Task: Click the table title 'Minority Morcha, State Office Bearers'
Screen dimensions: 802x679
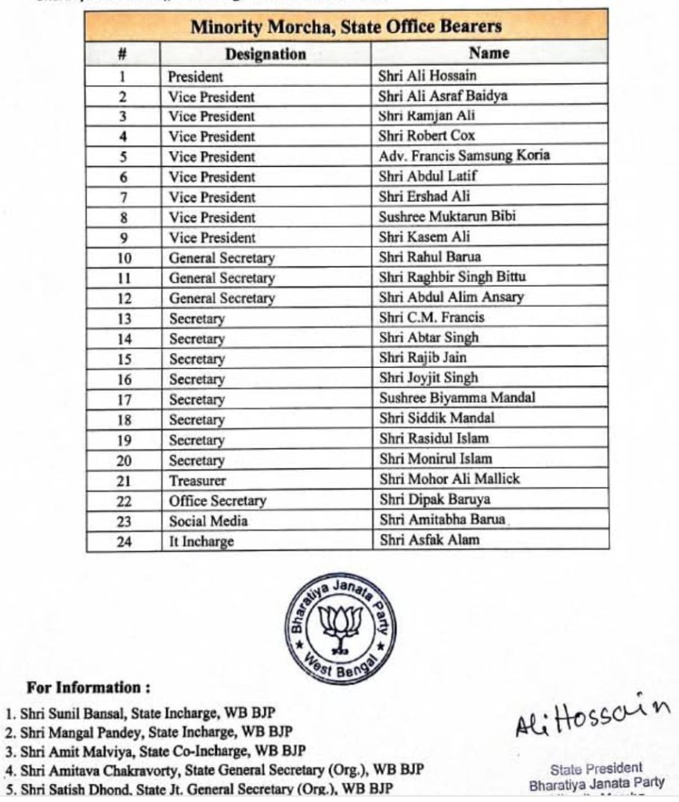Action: point(346,27)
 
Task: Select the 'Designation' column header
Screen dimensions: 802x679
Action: point(265,54)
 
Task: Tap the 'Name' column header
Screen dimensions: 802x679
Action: point(489,53)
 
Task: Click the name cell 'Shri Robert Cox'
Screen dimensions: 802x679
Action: point(427,135)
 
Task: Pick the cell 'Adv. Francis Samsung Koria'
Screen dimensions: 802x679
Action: point(464,155)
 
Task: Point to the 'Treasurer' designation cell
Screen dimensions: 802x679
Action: point(197,480)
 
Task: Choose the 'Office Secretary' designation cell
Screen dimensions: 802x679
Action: point(218,500)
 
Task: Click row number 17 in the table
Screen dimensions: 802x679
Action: point(124,399)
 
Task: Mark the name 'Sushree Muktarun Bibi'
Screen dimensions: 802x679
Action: point(447,216)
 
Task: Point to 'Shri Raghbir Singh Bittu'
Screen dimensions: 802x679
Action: point(453,277)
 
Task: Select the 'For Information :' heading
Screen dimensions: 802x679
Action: point(88,688)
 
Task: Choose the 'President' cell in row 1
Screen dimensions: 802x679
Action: point(196,77)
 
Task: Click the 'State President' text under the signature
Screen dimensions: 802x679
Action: point(596,768)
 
